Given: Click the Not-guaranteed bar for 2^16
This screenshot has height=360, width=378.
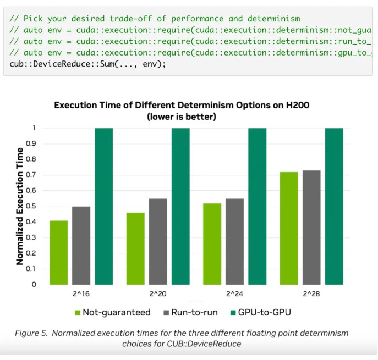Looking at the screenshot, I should [58, 252].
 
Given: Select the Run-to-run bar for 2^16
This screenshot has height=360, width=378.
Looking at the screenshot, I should [81, 245].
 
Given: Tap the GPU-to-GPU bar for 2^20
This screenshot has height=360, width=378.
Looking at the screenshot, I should [180, 206].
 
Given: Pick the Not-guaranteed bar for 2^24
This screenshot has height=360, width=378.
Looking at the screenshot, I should [212, 243].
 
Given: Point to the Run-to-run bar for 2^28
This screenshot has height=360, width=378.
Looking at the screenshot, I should [311, 227].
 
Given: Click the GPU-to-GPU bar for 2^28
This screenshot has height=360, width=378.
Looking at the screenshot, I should [334, 206].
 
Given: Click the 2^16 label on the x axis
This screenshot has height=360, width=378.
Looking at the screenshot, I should [81, 294].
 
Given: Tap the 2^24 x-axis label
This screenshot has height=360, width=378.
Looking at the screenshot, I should [234, 294].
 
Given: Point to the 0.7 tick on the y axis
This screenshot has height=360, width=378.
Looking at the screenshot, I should [35, 175].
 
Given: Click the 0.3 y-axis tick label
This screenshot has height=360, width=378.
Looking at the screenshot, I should [35, 237].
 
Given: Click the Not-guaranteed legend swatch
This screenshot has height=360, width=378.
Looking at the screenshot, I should [78, 313].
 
